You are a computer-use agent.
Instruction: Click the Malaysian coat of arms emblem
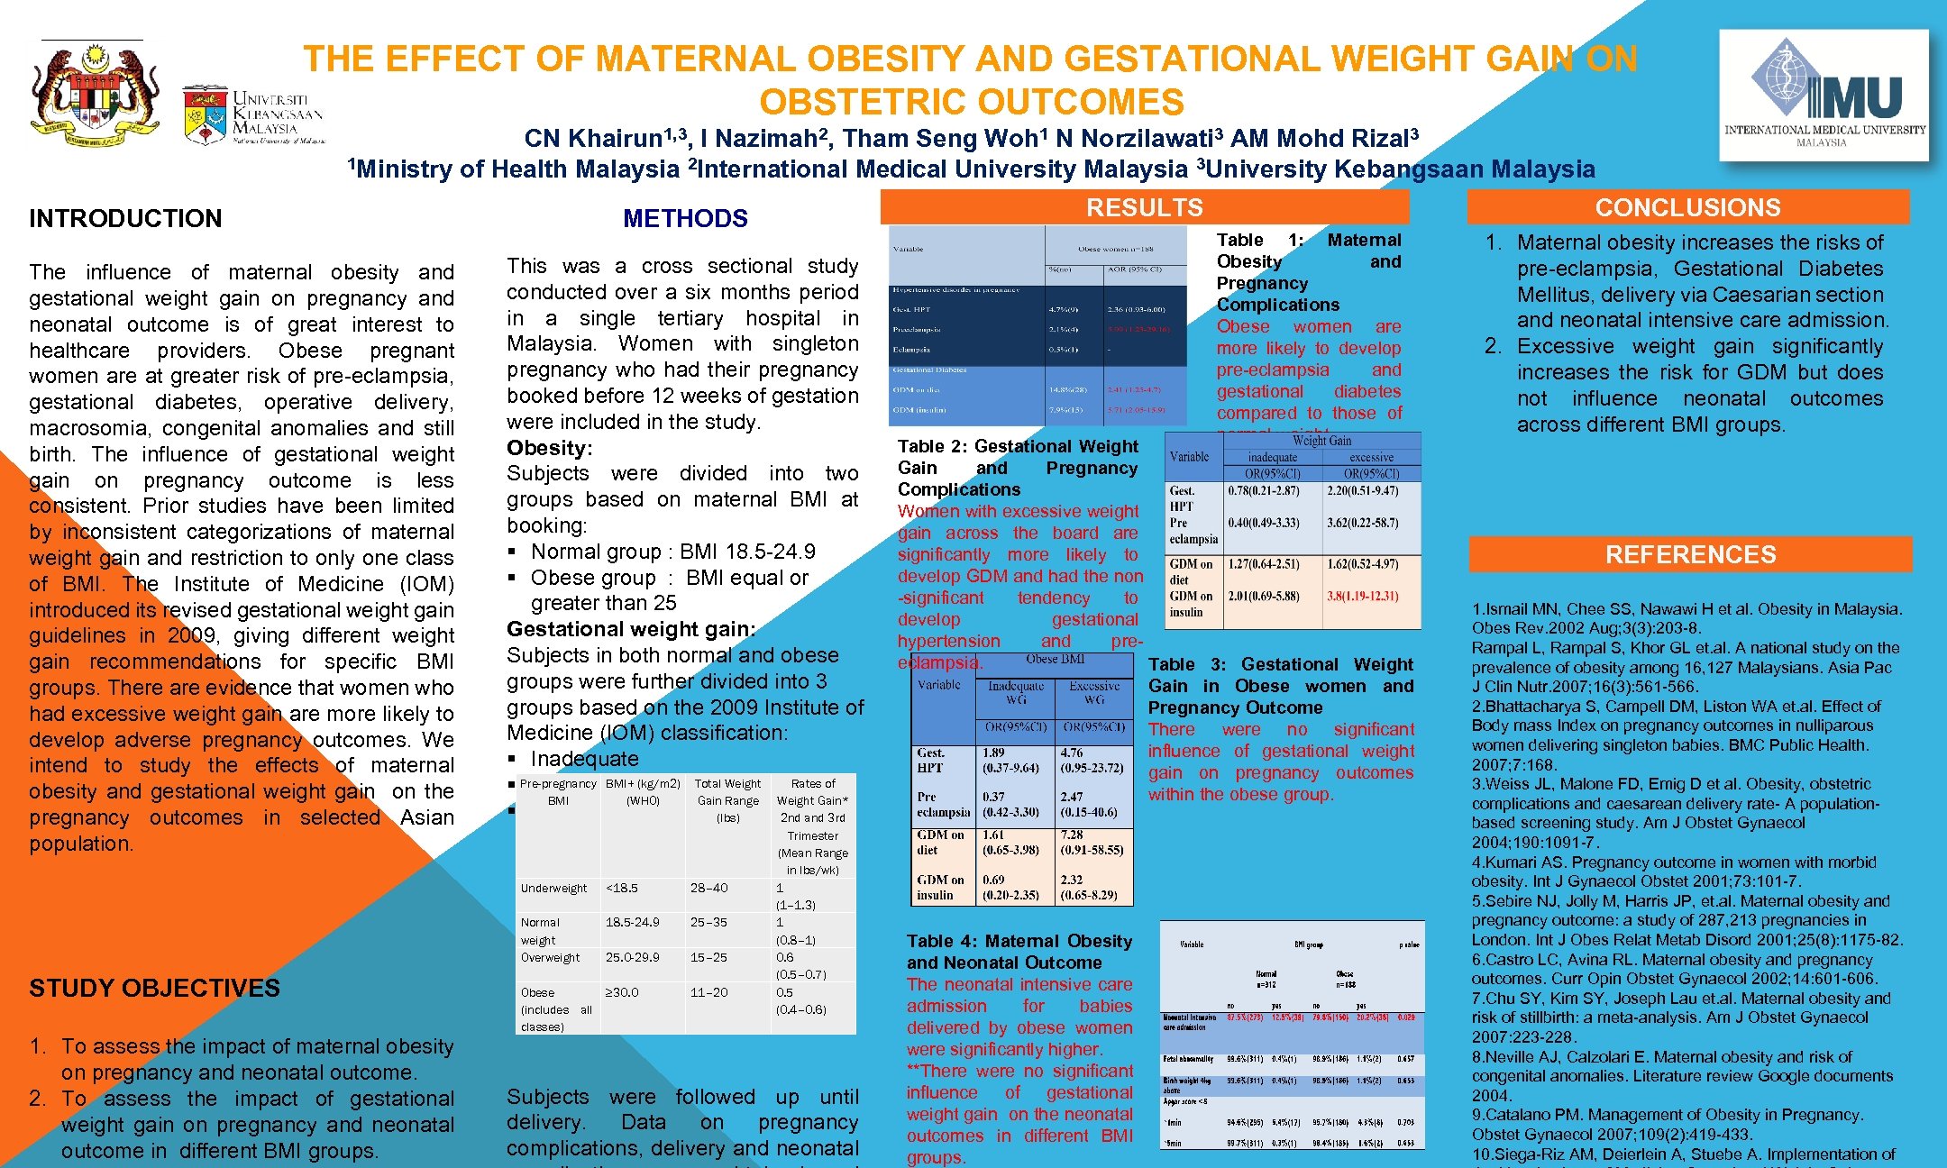coord(95,95)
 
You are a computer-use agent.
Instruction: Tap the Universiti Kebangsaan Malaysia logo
coord(252,115)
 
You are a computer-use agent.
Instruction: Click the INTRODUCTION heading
coord(125,218)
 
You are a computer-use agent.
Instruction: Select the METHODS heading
coord(685,218)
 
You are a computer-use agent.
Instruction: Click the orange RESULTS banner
coord(1144,207)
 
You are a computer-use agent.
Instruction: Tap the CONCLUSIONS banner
coord(1687,207)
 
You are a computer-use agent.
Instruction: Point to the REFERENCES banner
coord(1690,554)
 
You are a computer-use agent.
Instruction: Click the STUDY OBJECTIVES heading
coord(154,988)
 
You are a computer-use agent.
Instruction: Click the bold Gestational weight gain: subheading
coord(631,629)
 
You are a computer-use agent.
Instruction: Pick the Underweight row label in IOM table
coord(553,888)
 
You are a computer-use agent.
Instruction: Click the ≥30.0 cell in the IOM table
coord(622,992)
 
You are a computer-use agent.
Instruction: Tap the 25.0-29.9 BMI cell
coord(633,957)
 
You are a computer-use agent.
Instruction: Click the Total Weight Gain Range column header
coord(727,800)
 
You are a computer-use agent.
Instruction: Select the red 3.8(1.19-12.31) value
coord(1362,596)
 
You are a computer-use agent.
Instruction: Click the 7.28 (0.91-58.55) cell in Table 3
coord(1092,842)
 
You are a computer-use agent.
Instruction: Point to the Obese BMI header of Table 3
coord(1055,660)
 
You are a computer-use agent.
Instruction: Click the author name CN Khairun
coord(593,138)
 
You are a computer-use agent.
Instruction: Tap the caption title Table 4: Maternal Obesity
coord(1019,941)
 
